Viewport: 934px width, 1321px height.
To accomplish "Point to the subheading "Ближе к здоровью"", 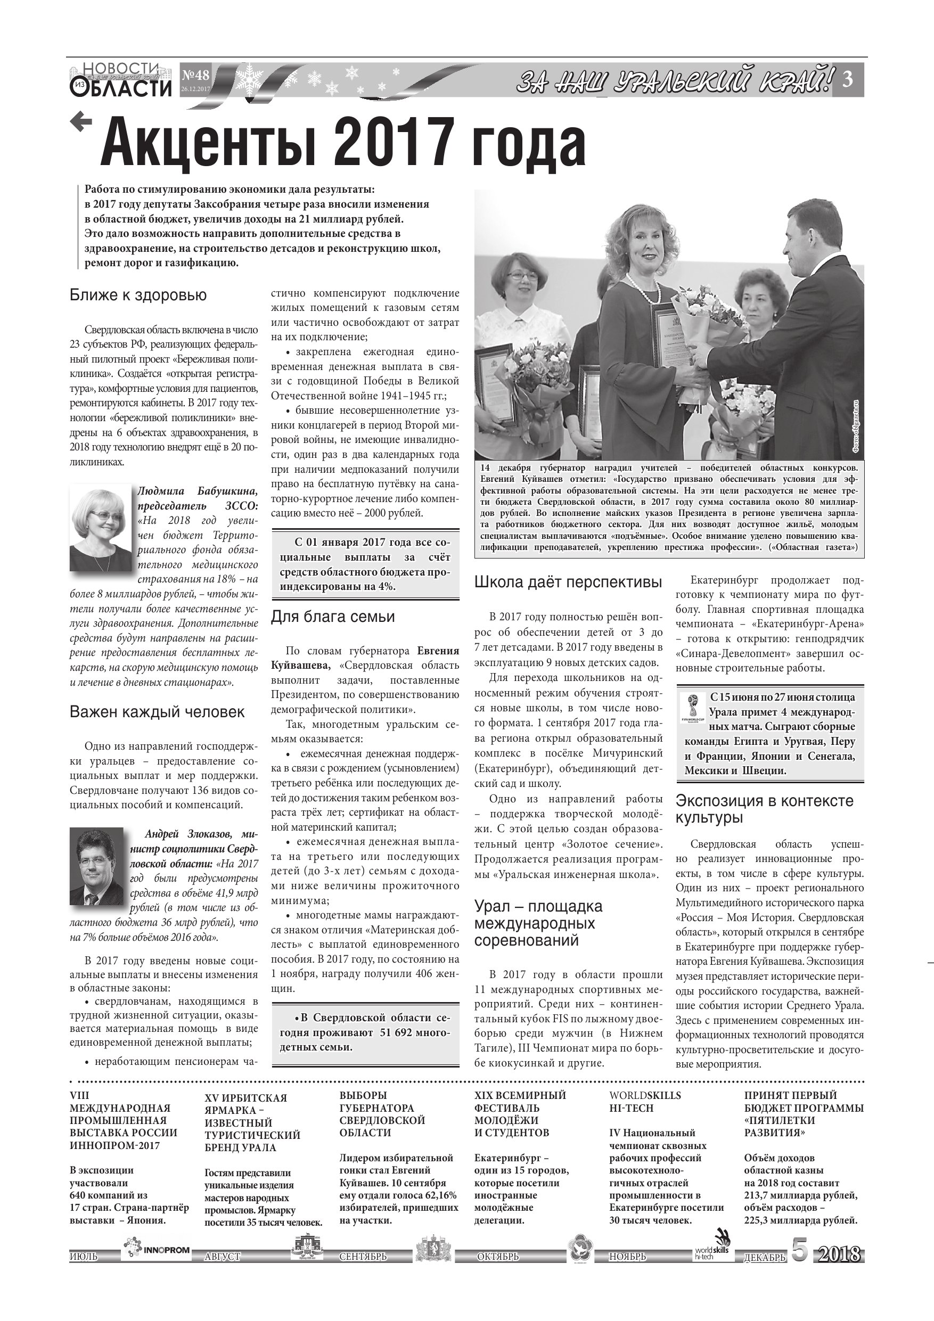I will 138,296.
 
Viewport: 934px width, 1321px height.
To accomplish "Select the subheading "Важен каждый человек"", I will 157,712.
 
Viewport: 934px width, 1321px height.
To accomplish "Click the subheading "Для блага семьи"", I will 333,617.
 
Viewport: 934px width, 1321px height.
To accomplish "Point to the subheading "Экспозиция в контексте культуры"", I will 764,809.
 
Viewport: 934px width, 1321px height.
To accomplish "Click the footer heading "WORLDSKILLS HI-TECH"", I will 644,1102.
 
